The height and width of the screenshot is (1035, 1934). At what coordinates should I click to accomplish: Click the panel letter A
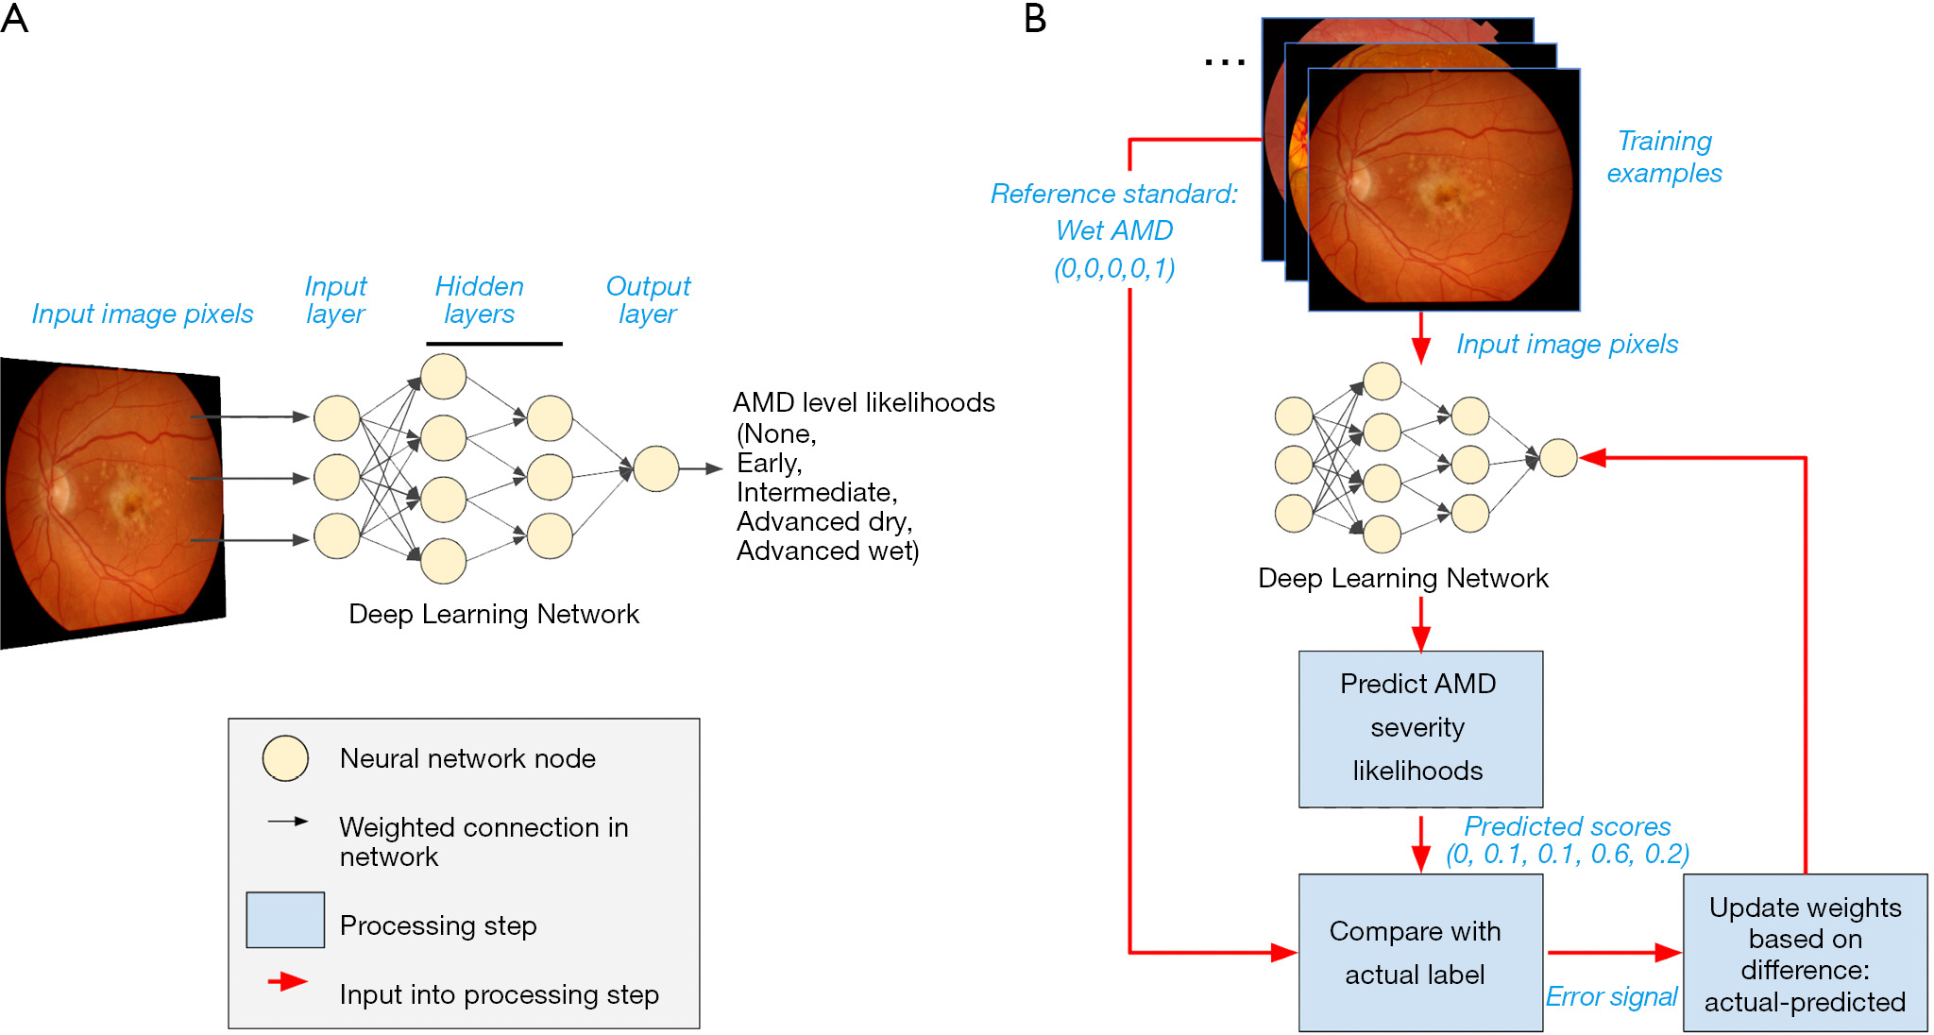pyautogui.click(x=14, y=18)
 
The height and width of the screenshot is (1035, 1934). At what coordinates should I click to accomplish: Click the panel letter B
pyautogui.click(x=1035, y=18)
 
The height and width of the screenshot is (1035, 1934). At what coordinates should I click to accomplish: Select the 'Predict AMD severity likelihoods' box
pyautogui.click(x=1419, y=728)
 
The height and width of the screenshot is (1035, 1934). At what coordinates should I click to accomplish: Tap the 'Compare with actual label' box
pyautogui.click(x=1419, y=952)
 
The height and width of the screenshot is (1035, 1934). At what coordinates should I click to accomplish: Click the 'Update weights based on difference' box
pyautogui.click(x=1804, y=952)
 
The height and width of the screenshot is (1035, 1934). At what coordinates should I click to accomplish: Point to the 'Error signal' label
pyautogui.click(x=1611, y=996)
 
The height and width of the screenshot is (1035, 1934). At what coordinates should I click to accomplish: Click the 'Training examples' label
pyautogui.click(x=1664, y=157)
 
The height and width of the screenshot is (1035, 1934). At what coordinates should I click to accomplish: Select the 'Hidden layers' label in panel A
pyautogui.click(x=479, y=299)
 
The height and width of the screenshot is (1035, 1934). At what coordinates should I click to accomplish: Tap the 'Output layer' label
pyautogui.click(x=648, y=299)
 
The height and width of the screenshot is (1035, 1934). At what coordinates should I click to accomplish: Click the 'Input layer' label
pyautogui.click(x=335, y=299)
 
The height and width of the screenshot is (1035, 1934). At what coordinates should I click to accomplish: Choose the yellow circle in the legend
pyautogui.click(x=285, y=758)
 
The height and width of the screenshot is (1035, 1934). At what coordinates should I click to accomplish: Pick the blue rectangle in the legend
pyautogui.click(x=285, y=920)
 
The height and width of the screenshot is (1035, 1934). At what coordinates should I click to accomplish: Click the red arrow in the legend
pyautogui.click(x=287, y=982)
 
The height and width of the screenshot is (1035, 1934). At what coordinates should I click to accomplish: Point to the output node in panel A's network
pyautogui.click(x=655, y=468)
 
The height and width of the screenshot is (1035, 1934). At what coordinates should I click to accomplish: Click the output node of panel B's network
pyautogui.click(x=1558, y=458)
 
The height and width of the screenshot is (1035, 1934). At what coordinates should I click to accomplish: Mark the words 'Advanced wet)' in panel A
pyautogui.click(x=827, y=551)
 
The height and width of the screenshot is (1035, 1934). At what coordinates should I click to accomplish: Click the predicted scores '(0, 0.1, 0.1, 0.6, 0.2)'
pyautogui.click(x=1568, y=854)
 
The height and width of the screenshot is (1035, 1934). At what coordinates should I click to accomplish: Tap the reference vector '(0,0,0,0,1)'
pyautogui.click(x=1114, y=268)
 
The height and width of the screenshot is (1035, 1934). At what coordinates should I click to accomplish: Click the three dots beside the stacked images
pyautogui.click(x=1225, y=63)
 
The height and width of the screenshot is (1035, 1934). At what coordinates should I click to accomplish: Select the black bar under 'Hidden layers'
pyautogui.click(x=494, y=344)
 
